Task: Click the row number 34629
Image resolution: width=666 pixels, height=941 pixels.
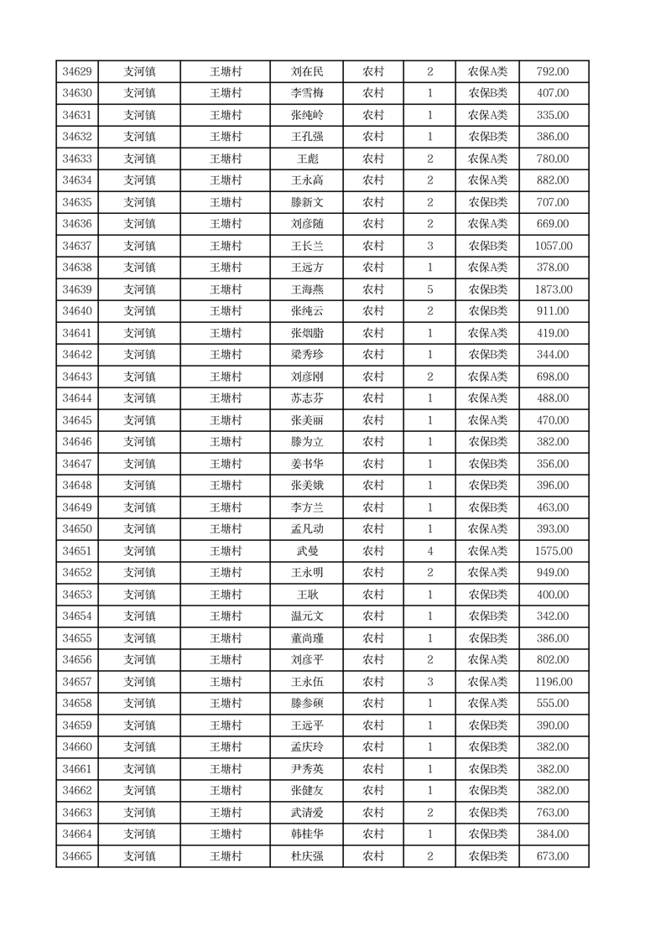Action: [x=76, y=72]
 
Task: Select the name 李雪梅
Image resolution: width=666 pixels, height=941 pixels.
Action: [x=306, y=94]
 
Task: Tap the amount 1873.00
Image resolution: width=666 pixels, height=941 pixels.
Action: [x=553, y=289]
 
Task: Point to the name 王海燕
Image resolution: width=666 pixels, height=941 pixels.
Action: [x=306, y=289]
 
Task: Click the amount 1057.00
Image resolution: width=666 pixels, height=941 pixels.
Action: [x=553, y=246]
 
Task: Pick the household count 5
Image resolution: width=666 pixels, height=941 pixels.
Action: [x=429, y=289]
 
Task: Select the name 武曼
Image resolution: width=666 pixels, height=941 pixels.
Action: [x=306, y=551]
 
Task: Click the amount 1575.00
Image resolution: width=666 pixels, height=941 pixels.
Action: [x=553, y=551]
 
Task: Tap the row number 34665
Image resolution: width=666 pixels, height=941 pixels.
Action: [x=76, y=856]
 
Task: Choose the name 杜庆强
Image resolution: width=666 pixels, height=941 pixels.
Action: [x=306, y=856]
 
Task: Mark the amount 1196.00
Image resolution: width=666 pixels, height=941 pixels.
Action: [x=553, y=682]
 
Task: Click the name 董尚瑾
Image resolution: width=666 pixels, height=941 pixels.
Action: [x=306, y=638]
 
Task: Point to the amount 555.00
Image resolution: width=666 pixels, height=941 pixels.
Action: [x=553, y=704]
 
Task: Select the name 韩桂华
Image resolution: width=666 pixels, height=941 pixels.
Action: [x=306, y=834]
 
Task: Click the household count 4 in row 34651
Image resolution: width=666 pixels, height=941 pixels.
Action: [x=429, y=551]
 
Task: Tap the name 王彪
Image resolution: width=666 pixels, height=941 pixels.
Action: [x=306, y=159]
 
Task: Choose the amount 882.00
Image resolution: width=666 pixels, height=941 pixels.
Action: [x=553, y=180]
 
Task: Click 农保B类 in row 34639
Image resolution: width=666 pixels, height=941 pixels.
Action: [x=487, y=289]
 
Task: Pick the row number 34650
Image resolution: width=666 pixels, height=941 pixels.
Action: [x=76, y=529]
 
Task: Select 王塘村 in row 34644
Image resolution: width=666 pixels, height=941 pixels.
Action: [x=226, y=398]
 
